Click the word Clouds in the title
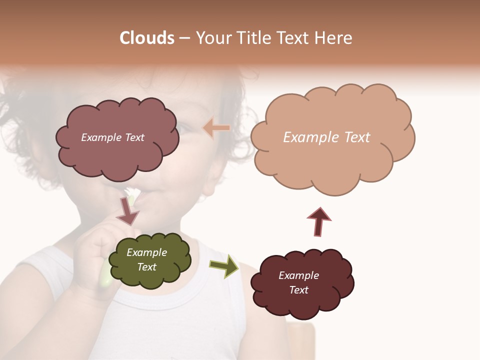[146, 38]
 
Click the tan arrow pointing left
[216, 128]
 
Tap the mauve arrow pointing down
[127, 211]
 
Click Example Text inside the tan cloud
[326, 137]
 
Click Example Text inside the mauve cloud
[112, 137]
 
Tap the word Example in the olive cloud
[146, 252]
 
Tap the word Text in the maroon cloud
[298, 290]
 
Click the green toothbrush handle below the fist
[105, 277]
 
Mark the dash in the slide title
[184, 38]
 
